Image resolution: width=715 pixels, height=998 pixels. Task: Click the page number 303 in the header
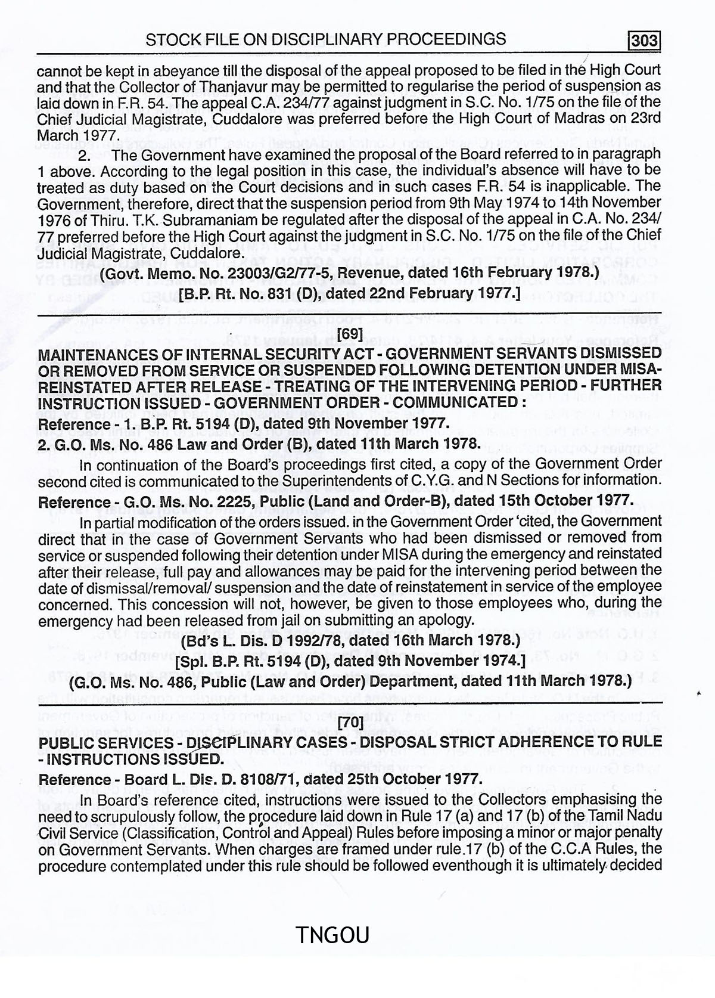click(645, 41)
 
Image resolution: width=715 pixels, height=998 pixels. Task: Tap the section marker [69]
click(349, 334)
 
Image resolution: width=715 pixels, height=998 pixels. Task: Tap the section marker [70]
click(349, 724)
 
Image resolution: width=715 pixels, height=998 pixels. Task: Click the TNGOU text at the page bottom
click(332, 934)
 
